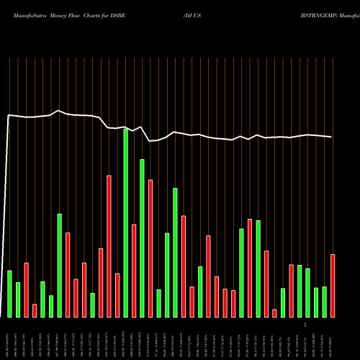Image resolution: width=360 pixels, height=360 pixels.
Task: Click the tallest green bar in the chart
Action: [x=126, y=223]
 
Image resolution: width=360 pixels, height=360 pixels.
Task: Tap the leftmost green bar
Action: [x=10, y=294]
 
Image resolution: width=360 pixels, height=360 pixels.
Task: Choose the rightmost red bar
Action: [x=333, y=286]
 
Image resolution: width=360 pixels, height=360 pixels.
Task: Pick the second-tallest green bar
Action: [x=143, y=238]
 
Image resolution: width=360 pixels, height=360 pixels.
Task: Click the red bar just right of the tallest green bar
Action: [x=134, y=271]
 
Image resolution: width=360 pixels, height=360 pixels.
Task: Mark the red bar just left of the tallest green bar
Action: [x=117, y=295]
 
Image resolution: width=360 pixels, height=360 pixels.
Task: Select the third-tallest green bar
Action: [x=176, y=253]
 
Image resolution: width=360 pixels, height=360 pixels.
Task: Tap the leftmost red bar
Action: [x=27, y=290]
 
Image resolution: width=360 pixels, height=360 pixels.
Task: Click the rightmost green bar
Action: [x=325, y=302]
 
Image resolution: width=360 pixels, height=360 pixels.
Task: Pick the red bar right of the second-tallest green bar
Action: [x=150, y=248]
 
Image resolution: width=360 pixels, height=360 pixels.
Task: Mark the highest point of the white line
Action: [x=59, y=111]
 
